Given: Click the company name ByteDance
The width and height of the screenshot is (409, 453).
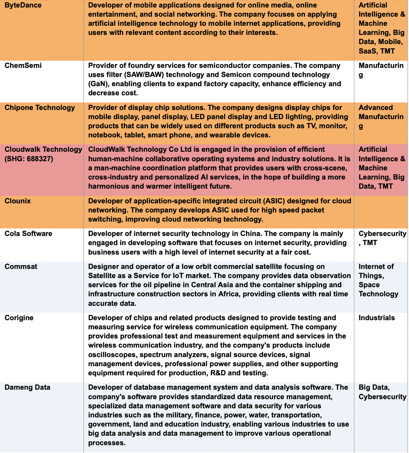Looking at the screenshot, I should (x=23, y=5).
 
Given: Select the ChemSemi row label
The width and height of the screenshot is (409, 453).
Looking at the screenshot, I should (x=23, y=65).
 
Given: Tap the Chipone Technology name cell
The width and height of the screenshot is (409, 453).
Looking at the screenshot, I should (x=40, y=108).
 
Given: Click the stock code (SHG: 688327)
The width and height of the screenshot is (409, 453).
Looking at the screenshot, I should (x=29, y=159).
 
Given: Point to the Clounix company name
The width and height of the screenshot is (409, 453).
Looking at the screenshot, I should (x=18, y=201).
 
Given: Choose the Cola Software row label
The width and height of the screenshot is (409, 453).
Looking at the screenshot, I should (x=28, y=234).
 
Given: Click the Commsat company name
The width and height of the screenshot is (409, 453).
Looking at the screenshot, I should (x=21, y=267).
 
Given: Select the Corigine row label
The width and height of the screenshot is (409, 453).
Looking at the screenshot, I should (x=19, y=318).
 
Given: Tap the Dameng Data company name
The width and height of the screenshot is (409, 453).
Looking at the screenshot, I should (x=27, y=387).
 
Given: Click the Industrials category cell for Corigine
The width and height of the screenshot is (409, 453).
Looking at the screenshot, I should (x=377, y=318).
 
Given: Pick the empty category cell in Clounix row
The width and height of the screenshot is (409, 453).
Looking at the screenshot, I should (x=381, y=211).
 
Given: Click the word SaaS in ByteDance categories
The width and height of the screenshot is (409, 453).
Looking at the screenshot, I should (x=368, y=51).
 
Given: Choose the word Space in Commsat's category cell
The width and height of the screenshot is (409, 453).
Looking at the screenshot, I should (x=369, y=285).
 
